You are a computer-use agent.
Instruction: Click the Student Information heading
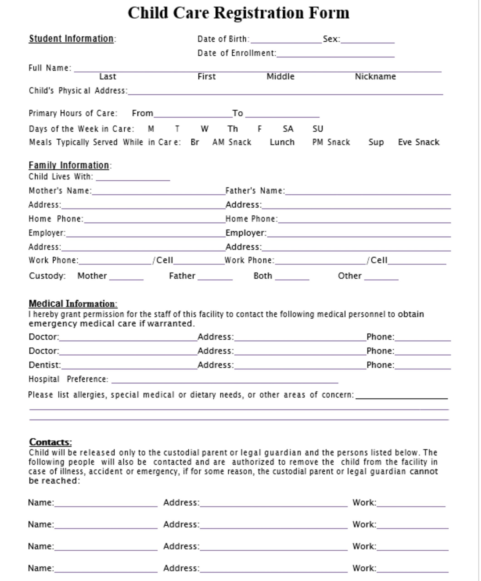click(x=71, y=38)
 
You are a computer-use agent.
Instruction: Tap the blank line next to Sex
click(x=367, y=40)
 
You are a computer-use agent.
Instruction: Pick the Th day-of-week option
click(x=232, y=129)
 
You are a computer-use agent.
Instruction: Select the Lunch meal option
click(x=282, y=142)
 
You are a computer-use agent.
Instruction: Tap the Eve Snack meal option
click(x=418, y=142)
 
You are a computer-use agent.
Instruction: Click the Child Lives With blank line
click(x=133, y=178)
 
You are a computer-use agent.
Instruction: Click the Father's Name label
click(x=255, y=191)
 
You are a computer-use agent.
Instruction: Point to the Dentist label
click(x=44, y=365)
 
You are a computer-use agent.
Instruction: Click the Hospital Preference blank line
click(x=224, y=380)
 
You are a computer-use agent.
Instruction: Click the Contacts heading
click(x=50, y=442)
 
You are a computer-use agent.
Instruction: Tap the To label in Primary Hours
click(x=237, y=113)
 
